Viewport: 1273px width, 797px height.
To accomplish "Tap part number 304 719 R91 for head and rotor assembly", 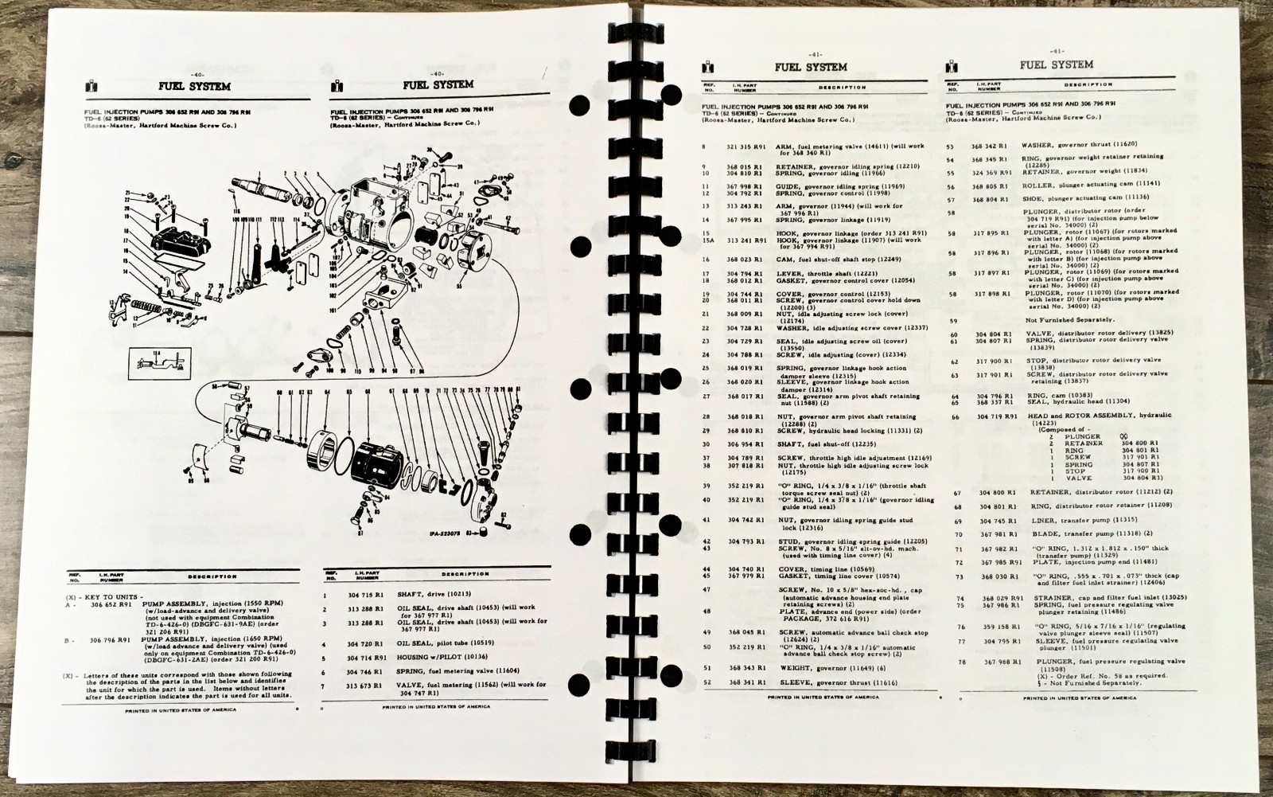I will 998,416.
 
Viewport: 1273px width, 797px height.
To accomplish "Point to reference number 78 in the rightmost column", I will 959,662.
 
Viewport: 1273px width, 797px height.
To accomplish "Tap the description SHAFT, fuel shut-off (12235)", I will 819,443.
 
